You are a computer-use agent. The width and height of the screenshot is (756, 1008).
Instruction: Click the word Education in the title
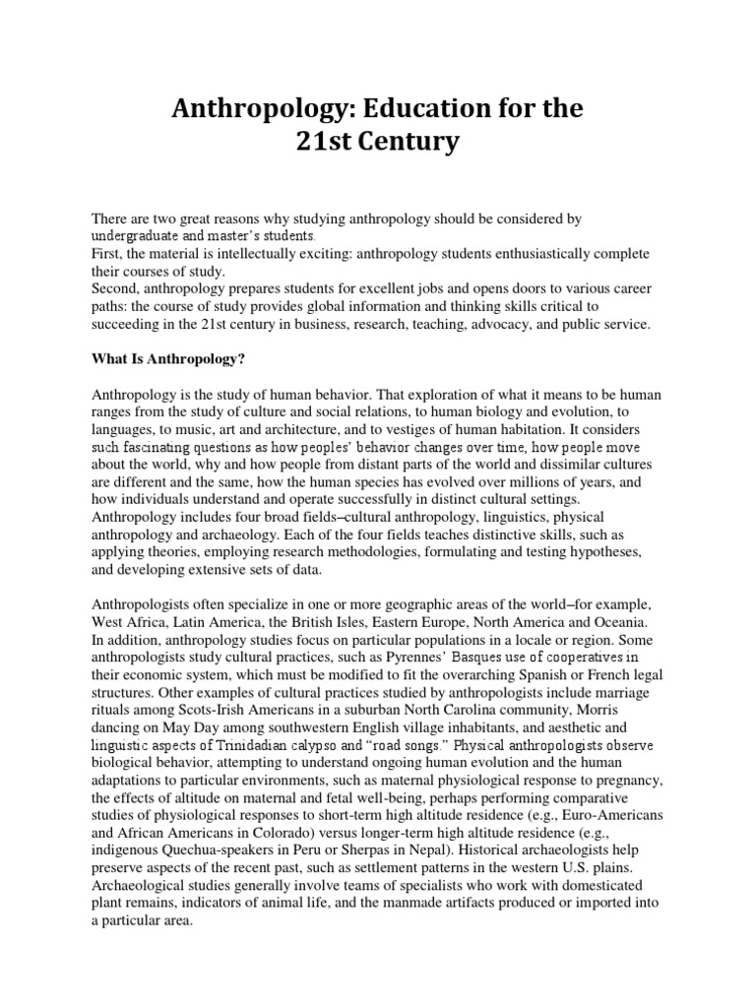414,109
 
